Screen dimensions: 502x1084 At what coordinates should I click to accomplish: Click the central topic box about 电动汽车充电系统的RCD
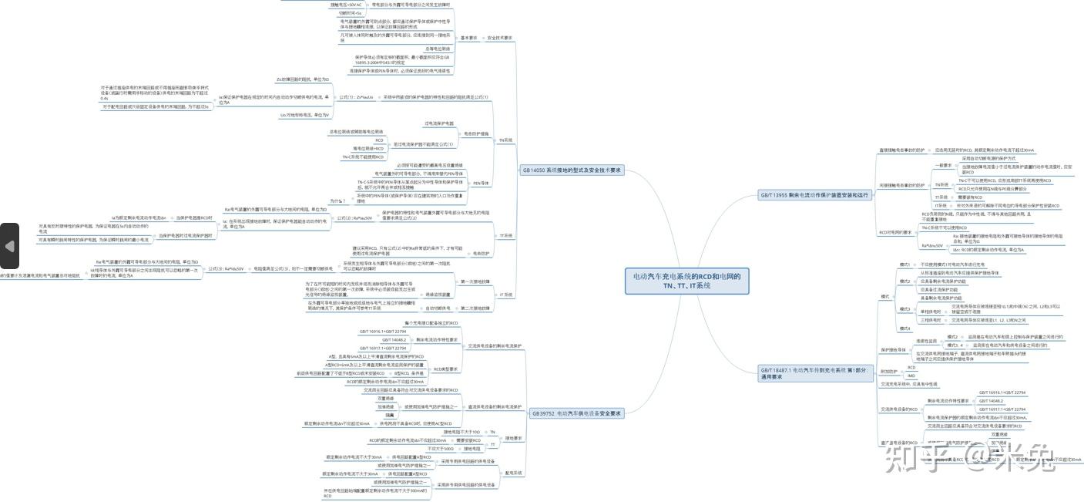(x=686, y=280)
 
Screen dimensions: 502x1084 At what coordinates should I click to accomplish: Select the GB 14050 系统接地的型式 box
(x=572, y=170)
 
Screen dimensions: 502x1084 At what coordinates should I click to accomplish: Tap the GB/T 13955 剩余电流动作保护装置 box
(x=814, y=196)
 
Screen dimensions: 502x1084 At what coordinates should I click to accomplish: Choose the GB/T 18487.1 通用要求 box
(x=814, y=373)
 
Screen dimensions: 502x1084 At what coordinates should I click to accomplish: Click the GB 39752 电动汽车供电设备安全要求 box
(x=576, y=413)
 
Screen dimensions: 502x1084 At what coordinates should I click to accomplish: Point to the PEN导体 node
(x=482, y=184)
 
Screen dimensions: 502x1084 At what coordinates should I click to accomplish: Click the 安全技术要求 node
(x=499, y=38)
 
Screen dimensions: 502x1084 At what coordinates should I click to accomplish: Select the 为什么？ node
(x=337, y=200)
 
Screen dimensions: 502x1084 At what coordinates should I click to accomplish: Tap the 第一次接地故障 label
(x=475, y=281)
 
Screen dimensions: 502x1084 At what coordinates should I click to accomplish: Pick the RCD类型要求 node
(x=446, y=369)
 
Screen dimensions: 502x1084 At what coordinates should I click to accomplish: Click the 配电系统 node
(x=513, y=473)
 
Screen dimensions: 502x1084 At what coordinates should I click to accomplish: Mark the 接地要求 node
(x=514, y=439)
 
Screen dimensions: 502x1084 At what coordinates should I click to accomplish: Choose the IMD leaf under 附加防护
(x=911, y=376)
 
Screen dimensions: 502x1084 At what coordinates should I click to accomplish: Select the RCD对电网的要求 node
(x=895, y=232)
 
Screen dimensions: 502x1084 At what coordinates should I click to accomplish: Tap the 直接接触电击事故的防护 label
(x=902, y=150)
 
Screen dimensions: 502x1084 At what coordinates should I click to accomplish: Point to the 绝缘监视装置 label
(x=438, y=295)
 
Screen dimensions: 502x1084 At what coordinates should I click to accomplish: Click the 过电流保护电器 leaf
(x=439, y=123)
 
